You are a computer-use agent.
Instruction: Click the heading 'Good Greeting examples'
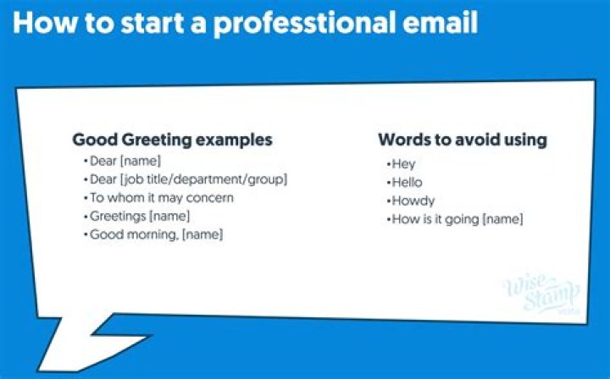click(x=172, y=140)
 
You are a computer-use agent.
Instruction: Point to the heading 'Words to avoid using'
click(x=462, y=140)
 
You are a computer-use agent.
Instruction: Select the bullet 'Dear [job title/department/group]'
click(x=186, y=179)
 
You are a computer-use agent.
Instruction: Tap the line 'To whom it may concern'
click(x=159, y=198)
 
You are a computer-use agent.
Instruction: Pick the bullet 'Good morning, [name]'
click(x=154, y=234)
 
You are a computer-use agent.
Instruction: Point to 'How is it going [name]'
click(x=455, y=219)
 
